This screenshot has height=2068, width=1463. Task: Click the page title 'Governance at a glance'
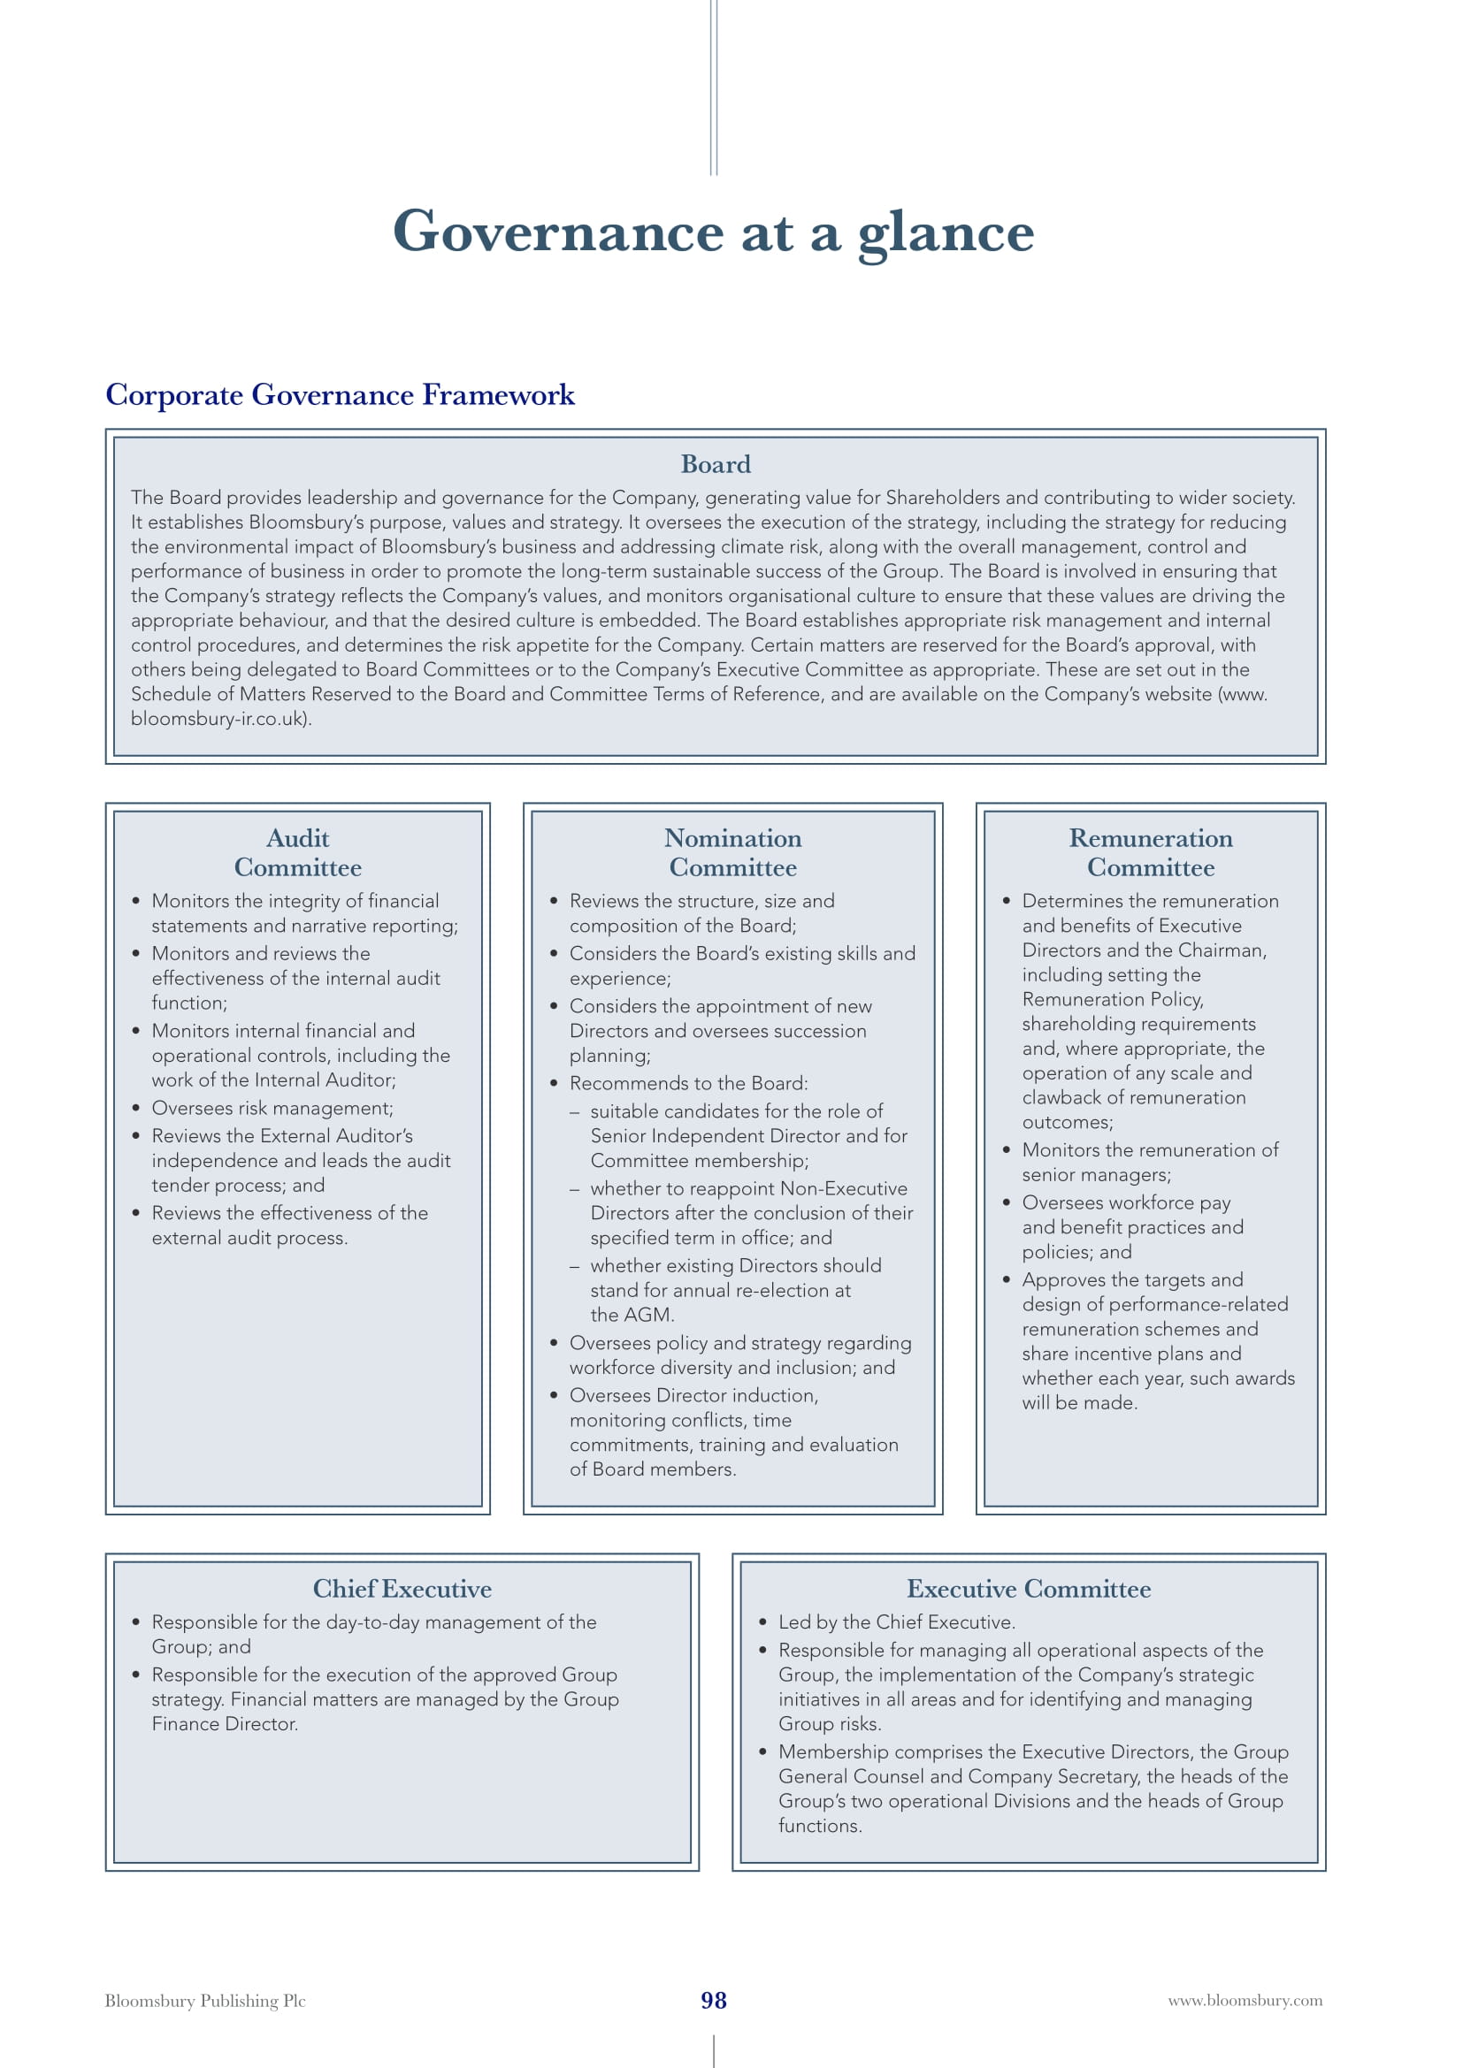coord(713,232)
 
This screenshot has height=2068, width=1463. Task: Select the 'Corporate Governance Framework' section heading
coord(340,394)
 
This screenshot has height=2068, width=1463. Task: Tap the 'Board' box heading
coord(716,464)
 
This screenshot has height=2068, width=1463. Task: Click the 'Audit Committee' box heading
coord(297,852)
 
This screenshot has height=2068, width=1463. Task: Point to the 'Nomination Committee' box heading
coord(732,852)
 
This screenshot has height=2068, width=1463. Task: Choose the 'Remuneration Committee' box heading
coord(1151,852)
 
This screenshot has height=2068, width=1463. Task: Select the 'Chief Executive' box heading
coord(402,1589)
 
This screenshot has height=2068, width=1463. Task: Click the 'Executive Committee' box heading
coord(1028,1589)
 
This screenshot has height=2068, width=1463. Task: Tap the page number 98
coord(714,2001)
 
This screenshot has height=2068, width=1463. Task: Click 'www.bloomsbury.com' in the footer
coord(1245,2001)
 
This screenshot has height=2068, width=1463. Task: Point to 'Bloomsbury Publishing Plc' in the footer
coord(205,2001)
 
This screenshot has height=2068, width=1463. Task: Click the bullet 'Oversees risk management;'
coord(272,1108)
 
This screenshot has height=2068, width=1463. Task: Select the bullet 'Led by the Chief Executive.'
coord(896,1622)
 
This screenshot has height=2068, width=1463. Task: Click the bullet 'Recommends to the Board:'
coord(688,1083)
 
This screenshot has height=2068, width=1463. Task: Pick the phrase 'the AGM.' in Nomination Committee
coord(632,1315)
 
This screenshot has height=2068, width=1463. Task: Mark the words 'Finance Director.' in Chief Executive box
coord(225,1724)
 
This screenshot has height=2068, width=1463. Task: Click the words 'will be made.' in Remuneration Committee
coord(1079,1402)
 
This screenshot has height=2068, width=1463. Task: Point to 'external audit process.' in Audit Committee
coord(249,1238)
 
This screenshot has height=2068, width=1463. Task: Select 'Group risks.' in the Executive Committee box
coord(830,1724)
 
